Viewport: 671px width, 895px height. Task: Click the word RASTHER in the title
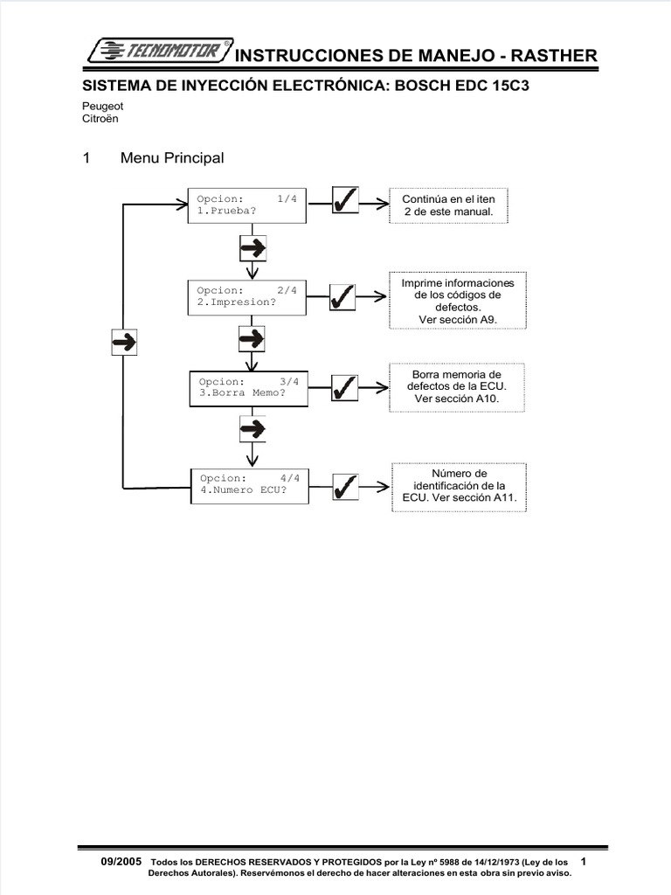tap(557, 56)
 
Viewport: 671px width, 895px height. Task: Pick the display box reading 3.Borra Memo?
tap(249, 387)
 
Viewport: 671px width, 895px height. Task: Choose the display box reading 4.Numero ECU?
tap(249, 484)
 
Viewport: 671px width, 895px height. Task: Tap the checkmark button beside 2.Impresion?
tap(342, 297)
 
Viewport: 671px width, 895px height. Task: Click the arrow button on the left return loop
tap(123, 341)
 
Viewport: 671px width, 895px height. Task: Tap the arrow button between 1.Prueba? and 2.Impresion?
tap(252, 248)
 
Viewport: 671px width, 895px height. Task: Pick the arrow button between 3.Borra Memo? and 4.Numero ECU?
tap(252, 428)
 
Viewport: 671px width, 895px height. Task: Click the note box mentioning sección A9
tap(458, 302)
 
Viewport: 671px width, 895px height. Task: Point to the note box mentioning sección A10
tap(458, 387)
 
